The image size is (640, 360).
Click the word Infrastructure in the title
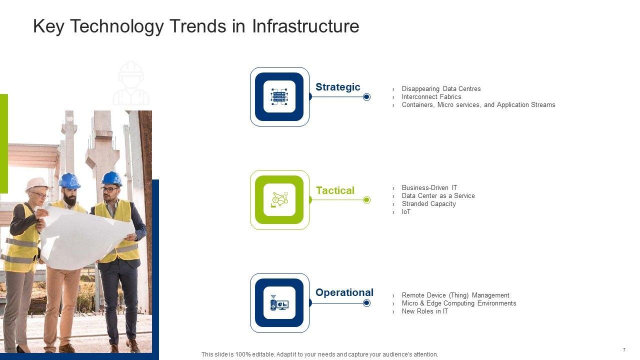coord(305,26)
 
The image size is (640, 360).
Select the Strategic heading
coord(337,87)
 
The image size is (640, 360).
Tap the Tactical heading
coord(335,190)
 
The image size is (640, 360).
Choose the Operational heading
coord(344,293)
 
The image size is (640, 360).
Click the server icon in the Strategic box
coord(279,96)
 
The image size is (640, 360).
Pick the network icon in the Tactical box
coord(279,199)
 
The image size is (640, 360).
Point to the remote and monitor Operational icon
coord(279,303)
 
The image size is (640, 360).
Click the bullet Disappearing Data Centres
coord(441,89)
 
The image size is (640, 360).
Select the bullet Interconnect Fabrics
coord(431,97)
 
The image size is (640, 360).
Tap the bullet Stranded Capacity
coord(428,203)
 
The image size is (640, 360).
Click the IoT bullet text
coord(406,211)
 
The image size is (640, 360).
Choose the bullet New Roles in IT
coord(425,311)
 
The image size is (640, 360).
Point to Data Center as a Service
coord(438,195)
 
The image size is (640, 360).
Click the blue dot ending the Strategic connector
coord(366,97)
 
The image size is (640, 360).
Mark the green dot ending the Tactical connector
coord(366,200)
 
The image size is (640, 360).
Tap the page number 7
coord(624,349)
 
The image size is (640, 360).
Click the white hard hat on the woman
coord(36,184)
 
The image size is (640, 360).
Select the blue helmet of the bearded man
coord(69,180)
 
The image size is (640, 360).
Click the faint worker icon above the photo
coord(131,83)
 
